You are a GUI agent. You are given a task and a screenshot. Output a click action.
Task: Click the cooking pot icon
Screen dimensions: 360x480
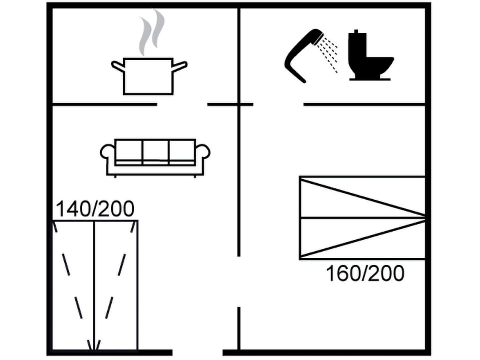[148, 76]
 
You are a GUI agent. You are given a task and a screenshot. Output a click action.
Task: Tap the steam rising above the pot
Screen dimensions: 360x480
[151, 32]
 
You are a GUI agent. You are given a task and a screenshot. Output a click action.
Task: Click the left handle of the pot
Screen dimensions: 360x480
[118, 65]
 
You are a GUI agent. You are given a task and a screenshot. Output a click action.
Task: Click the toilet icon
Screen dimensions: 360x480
[369, 56]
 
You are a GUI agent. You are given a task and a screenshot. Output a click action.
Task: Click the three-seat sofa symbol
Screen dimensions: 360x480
[155, 156]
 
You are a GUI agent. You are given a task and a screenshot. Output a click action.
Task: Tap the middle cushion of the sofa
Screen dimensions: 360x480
[155, 151]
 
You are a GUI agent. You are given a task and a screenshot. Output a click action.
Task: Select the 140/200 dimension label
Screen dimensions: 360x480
[95, 209]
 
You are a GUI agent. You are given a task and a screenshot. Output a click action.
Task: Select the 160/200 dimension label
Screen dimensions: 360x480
[365, 273]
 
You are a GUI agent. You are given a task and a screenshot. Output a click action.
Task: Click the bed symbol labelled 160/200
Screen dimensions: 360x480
[362, 217]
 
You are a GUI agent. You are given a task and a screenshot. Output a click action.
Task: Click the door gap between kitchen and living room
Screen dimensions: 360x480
[182, 104]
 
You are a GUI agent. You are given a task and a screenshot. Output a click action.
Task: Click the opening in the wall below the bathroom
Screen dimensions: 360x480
[278, 104]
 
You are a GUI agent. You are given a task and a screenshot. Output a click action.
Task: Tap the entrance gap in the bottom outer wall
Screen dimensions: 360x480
[197, 352]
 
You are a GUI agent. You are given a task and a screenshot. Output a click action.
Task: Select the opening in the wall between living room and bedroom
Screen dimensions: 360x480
[239, 281]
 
